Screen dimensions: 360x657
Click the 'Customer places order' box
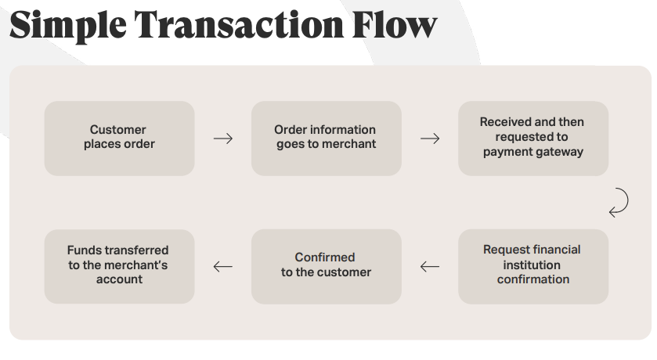(119, 138)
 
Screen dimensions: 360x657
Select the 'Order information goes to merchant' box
(326, 138)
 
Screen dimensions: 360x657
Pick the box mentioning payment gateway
(532, 138)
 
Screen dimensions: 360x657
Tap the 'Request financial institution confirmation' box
(532, 266)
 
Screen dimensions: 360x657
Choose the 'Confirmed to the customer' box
(326, 266)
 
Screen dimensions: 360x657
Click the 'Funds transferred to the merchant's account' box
(119, 266)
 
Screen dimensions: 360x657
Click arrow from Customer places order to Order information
(223, 139)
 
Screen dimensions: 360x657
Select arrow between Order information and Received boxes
(430, 139)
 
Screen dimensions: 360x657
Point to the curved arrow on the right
(619, 201)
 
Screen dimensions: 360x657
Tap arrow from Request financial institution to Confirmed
(430, 267)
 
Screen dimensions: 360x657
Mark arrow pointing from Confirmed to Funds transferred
(223, 267)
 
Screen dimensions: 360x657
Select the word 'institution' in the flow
(532, 265)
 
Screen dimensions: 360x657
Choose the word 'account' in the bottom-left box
(119, 279)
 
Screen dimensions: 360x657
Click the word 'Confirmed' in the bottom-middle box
(325, 257)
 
